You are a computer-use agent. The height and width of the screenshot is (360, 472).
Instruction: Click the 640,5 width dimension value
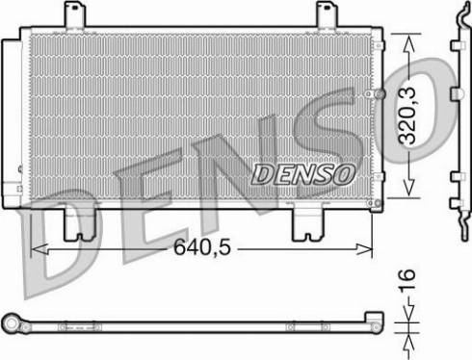[202, 247]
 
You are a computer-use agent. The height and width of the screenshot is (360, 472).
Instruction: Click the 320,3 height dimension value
[407, 116]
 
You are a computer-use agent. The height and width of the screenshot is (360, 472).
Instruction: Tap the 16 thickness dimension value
[407, 279]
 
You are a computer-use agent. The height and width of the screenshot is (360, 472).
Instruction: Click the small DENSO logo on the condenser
[303, 174]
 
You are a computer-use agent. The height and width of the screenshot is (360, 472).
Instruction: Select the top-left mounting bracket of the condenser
[75, 14]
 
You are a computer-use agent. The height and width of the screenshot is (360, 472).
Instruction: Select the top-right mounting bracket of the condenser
[328, 14]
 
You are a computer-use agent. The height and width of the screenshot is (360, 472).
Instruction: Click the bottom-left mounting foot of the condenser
[79, 224]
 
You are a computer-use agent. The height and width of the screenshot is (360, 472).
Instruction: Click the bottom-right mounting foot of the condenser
[308, 224]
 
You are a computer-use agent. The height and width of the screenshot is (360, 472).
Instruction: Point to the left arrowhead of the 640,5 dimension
[39, 249]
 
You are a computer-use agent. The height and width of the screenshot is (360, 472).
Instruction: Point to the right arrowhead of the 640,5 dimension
[364, 249]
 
